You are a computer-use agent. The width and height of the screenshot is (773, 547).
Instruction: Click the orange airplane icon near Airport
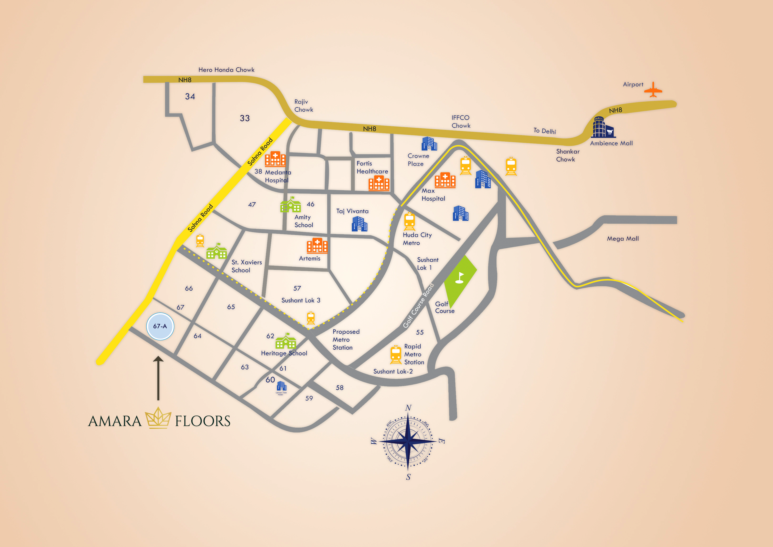(653, 90)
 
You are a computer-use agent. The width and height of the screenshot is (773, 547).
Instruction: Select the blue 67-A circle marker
(160, 326)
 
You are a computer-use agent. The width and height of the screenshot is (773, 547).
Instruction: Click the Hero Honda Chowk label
(226, 70)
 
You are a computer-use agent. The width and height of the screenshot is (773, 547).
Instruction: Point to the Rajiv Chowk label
(303, 105)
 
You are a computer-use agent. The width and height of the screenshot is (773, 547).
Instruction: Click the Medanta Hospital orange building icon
(275, 159)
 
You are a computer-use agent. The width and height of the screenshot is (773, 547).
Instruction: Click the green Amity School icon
(290, 205)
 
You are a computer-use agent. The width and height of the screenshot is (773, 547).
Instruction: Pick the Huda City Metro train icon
(409, 221)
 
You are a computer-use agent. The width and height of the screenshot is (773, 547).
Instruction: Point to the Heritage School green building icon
(286, 341)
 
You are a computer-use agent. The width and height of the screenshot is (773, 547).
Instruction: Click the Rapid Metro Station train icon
(396, 355)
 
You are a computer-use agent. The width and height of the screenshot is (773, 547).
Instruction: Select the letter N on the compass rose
(408, 408)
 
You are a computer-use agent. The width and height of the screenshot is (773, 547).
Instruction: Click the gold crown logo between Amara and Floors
(158, 418)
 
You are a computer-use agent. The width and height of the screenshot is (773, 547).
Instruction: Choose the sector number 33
(245, 118)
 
